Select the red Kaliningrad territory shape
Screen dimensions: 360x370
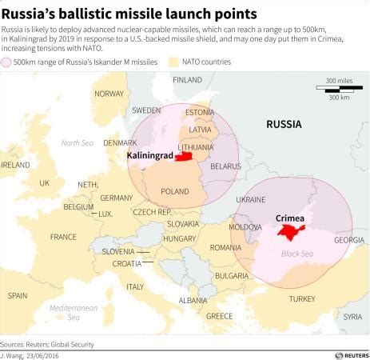click(185, 157)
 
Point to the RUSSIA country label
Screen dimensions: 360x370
click(284, 124)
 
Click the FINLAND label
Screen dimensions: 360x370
click(188, 80)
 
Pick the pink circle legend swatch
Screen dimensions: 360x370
click(7, 62)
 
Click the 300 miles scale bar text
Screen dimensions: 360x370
click(340, 81)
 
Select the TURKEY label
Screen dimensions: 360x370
click(301, 298)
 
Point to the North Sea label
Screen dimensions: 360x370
click(78, 142)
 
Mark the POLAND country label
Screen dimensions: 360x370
click(175, 191)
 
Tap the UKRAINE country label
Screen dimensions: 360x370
click(251, 199)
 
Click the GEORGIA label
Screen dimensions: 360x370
click(349, 240)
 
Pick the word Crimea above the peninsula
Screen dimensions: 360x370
click(289, 218)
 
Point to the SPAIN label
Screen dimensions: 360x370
click(17, 295)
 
